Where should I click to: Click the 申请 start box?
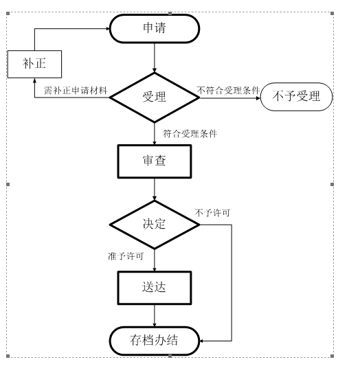point(155,29)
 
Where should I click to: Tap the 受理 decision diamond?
point(154,97)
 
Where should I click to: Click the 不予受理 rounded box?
point(297,97)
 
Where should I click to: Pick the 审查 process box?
point(154,162)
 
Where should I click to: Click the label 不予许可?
point(212,213)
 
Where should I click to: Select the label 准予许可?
point(126,256)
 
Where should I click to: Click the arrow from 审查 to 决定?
point(155,190)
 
